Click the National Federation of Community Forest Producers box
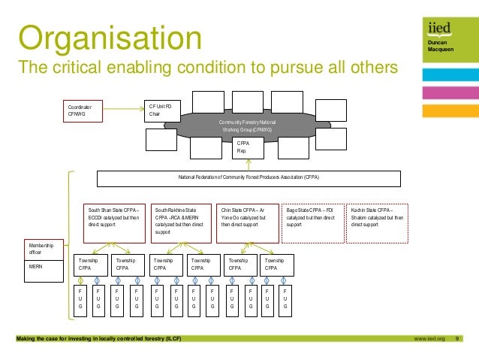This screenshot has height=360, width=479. [x=249, y=178]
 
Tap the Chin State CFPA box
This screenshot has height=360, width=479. [x=247, y=221]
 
